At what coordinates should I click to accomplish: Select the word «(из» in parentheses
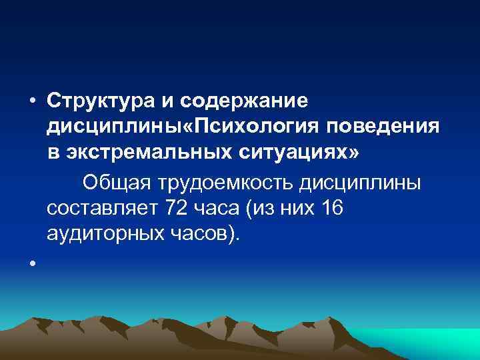(260, 208)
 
